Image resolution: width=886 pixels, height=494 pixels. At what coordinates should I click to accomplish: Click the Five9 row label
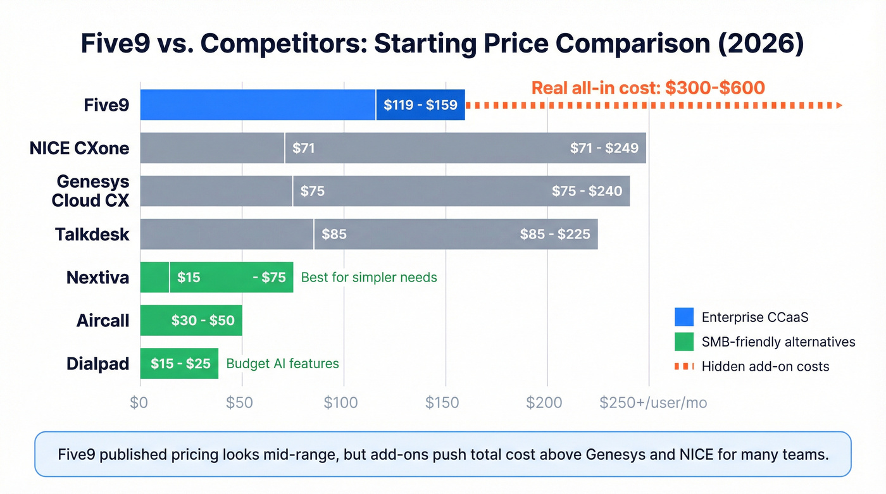(x=106, y=105)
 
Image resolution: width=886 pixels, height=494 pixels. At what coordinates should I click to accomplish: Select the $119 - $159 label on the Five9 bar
(x=420, y=105)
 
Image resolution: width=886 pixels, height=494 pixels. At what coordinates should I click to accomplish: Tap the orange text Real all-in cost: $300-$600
(x=648, y=87)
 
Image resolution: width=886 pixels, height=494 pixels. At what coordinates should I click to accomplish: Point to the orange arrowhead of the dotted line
(x=839, y=105)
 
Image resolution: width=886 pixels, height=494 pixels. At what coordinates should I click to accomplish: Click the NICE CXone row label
(x=79, y=148)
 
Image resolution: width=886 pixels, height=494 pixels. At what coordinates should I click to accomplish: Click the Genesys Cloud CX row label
(x=92, y=191)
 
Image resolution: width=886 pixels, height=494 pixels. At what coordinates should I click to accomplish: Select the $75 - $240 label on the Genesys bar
(x=587, y=191)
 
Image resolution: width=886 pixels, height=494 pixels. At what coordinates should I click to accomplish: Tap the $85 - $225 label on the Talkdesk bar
(x=554, y=234)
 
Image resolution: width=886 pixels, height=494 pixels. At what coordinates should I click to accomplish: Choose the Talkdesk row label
(x=92, y=234)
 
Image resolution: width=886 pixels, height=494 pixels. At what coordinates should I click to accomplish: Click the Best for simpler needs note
(x=369, y=277)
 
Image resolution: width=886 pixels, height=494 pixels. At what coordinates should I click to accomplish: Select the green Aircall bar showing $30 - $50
(x=191, y=320)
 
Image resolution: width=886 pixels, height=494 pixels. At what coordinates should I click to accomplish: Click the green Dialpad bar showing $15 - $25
(x=179, y=364)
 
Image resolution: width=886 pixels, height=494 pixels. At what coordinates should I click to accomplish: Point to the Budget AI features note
(x=282, y=364)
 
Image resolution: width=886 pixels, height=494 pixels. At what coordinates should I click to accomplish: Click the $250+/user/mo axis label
(x=653, y=403)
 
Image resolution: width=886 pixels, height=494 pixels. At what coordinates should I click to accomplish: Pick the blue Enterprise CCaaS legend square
(x=684, y=317)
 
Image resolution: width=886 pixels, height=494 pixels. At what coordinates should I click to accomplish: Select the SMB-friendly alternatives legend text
(x=778, y=342)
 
